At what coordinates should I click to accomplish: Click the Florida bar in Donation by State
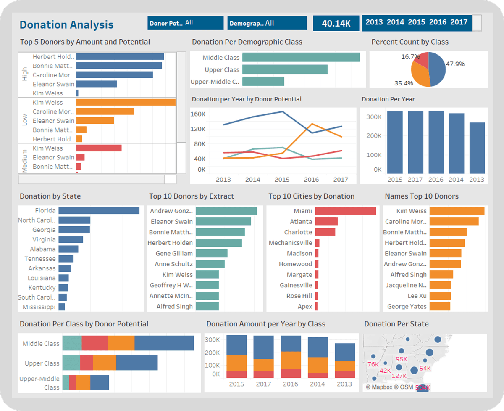pos(99,210)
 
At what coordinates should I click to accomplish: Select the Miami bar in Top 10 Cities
pos(345,211)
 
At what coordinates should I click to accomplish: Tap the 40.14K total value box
pos(336,23)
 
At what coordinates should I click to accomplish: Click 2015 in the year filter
pos(416,22)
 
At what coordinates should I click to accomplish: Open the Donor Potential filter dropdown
pos(185,23)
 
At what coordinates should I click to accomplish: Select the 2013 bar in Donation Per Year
pos(477,148)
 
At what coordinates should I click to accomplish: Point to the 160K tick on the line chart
pos(198,114)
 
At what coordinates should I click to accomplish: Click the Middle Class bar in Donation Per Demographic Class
pos(301,58)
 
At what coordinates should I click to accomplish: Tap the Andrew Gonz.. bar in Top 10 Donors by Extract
pos(226,211)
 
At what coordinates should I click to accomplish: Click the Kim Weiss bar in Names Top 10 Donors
pos(457,211)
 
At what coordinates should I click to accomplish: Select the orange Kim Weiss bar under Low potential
pos(126,102)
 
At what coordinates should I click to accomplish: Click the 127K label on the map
pos(399,376)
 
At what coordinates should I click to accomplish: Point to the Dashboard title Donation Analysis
pos(66,25)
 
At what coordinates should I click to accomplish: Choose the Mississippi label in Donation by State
pos(39,307)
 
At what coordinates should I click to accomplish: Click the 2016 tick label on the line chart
pos(311,180)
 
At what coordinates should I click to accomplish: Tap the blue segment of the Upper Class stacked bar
pos(137,363)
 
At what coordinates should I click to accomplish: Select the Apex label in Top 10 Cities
pos(305,307)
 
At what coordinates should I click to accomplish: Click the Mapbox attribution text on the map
pos(383,387)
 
